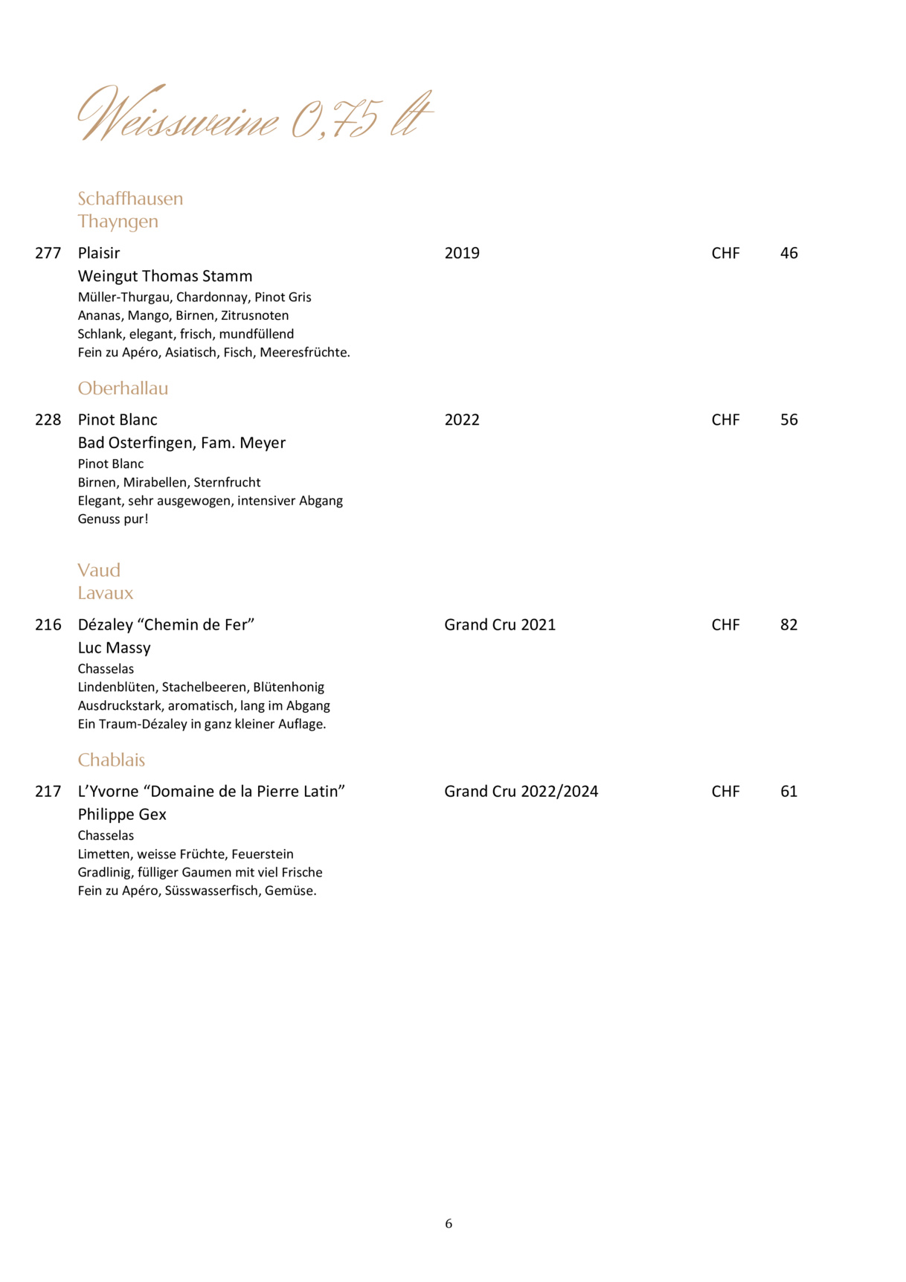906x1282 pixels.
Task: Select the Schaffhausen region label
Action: coord(130,199)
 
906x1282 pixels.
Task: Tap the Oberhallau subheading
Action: coord(123,388)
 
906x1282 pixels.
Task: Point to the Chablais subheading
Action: coord(111,760)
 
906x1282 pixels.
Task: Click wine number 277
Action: coord(48,253)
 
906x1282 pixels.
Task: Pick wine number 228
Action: coord(48,420)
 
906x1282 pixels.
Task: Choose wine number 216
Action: coord(48,624)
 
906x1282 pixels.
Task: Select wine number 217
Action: coord(48,791)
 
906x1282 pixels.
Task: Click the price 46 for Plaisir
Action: coord(788,253)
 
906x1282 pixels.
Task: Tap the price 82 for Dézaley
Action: coord(788,624)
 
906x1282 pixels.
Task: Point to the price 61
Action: coord(788,791)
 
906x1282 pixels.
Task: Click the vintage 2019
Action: coord(462,253)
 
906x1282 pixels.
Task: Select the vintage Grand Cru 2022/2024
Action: coord(521,791)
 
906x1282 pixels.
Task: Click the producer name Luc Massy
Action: coord(114,648)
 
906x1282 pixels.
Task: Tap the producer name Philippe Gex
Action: coord(122,815)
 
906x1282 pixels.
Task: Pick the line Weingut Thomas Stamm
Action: coord(165,276)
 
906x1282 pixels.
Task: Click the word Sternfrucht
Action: coord(227,482)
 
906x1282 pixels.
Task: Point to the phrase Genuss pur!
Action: coord(113,519)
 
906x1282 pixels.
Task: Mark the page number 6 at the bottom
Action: coord(449,1224)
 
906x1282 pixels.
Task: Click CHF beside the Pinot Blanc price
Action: coord(725,420)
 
